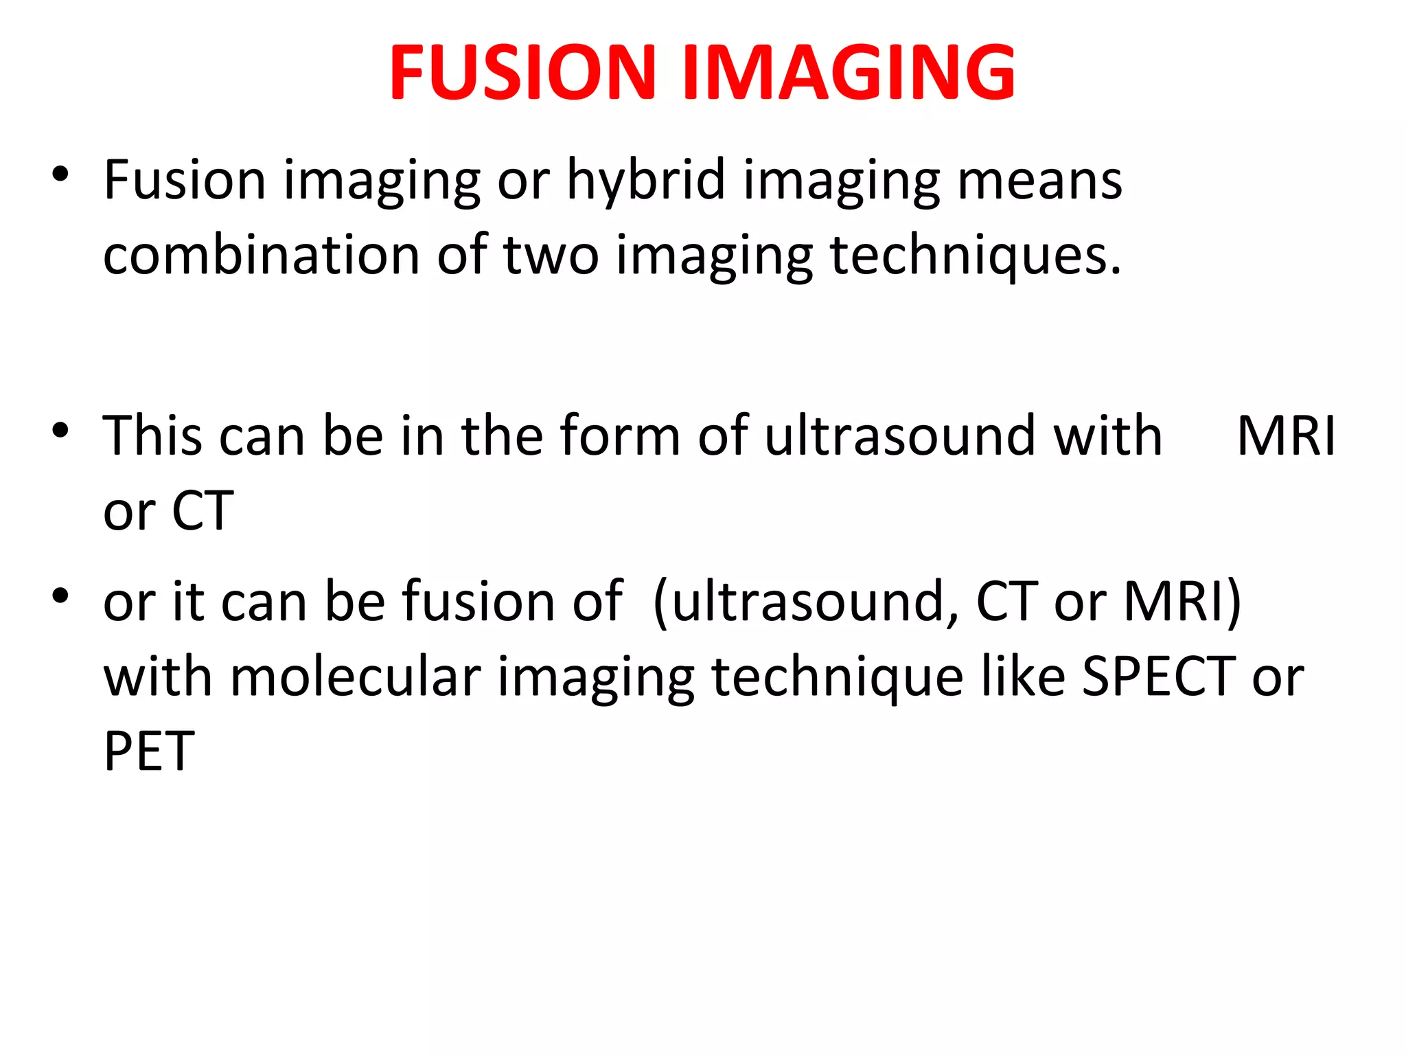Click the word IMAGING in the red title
coord(849,72)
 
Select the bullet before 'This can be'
coord(60,431)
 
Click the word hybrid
coord(645,181)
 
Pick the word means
coord(1039,181)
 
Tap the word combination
coord(261,256)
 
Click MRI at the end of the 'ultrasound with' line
coord(1286,436)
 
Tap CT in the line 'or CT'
coord(203,512)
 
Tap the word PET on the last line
coord(149,752)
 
